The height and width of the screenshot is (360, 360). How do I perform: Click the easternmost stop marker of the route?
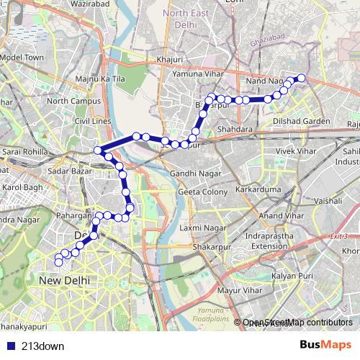pos(301,78)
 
